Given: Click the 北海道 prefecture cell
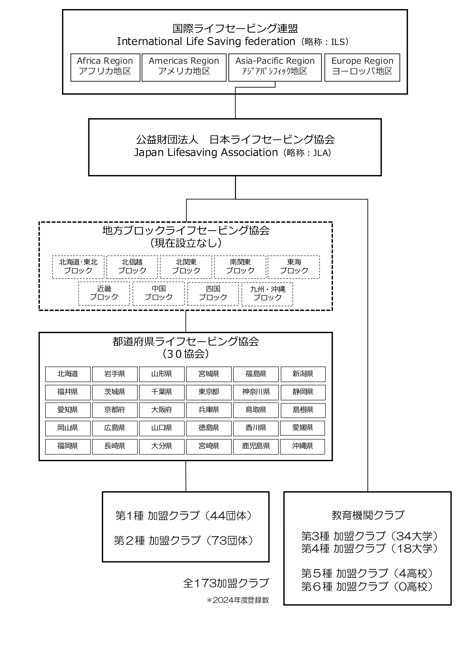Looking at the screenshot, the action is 68,374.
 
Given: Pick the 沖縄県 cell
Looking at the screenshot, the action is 302,446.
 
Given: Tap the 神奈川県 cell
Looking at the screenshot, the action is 256,392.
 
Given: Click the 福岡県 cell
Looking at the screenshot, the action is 68,446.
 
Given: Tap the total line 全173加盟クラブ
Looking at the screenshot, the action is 226,583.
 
